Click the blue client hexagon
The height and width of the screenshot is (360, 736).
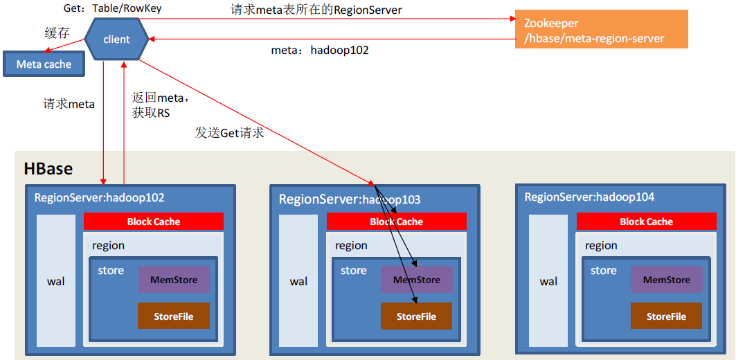point(116,39)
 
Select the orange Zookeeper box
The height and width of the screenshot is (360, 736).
point(601,29)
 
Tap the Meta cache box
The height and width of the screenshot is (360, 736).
point(44,64)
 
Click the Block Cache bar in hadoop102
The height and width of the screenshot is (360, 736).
point(154,221)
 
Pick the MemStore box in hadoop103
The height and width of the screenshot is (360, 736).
point(417,280)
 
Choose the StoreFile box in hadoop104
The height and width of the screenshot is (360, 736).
point(666,316)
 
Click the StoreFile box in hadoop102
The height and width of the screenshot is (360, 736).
point(174,316)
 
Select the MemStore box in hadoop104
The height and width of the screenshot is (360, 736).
point(667,280)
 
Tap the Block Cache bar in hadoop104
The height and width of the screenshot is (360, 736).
point(647,221)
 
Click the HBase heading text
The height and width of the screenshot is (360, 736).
point(48,169)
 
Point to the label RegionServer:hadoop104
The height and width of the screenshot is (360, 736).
point(589,197)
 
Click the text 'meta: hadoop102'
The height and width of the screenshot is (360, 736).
point(320,51)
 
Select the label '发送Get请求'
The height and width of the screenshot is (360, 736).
point(230,134)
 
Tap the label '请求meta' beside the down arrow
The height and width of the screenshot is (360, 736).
point(69,105)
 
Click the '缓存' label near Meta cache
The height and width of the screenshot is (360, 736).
point(57,33)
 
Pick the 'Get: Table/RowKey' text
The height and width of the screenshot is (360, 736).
point(113,8)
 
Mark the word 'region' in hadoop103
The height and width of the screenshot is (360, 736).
point(351,246)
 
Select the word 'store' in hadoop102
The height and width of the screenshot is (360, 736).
point(111,271)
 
